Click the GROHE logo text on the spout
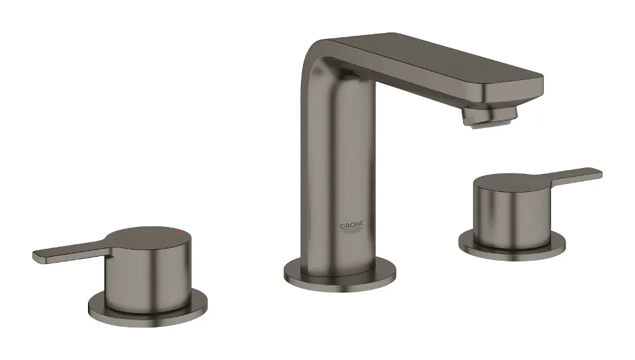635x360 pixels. tap(351, 225)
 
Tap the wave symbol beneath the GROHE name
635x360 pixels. tap(351, 232)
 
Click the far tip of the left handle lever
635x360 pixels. tap(37, 255)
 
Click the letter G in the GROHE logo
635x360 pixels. tap(342, 225)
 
